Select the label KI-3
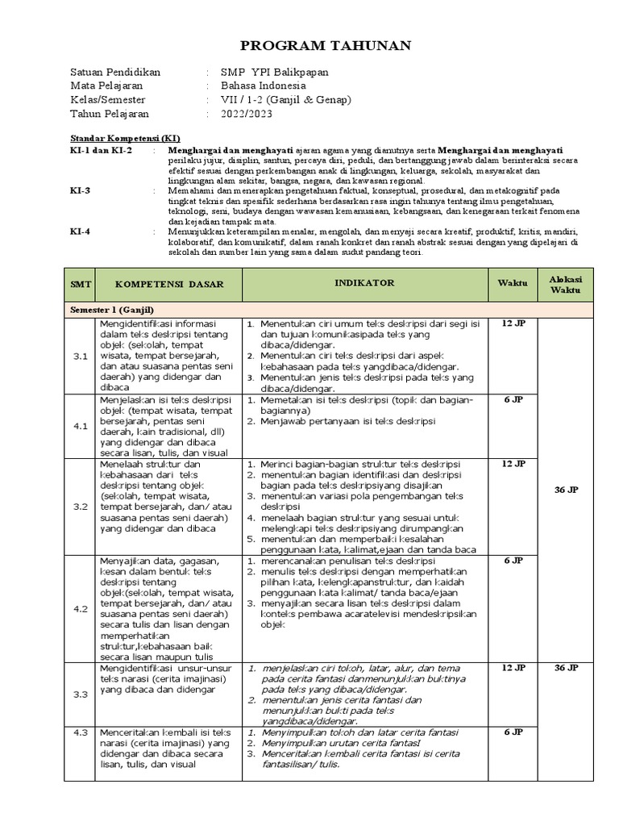(x=81, y=190)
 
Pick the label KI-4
(x=81, y=231)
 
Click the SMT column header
(x=81, y=285)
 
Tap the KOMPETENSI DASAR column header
(x=168, y=285)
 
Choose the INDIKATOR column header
(x=364, y=283)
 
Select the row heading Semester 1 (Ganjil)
(x=111, y=310)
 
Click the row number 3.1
(x=80, y=356)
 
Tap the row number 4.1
(x=80, y=427)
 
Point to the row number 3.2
(x=80, y=507)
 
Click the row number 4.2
(x=80, y=610)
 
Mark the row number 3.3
(x=80, y=695)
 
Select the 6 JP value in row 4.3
(x=513, y=732)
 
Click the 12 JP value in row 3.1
(x=513, y=323)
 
